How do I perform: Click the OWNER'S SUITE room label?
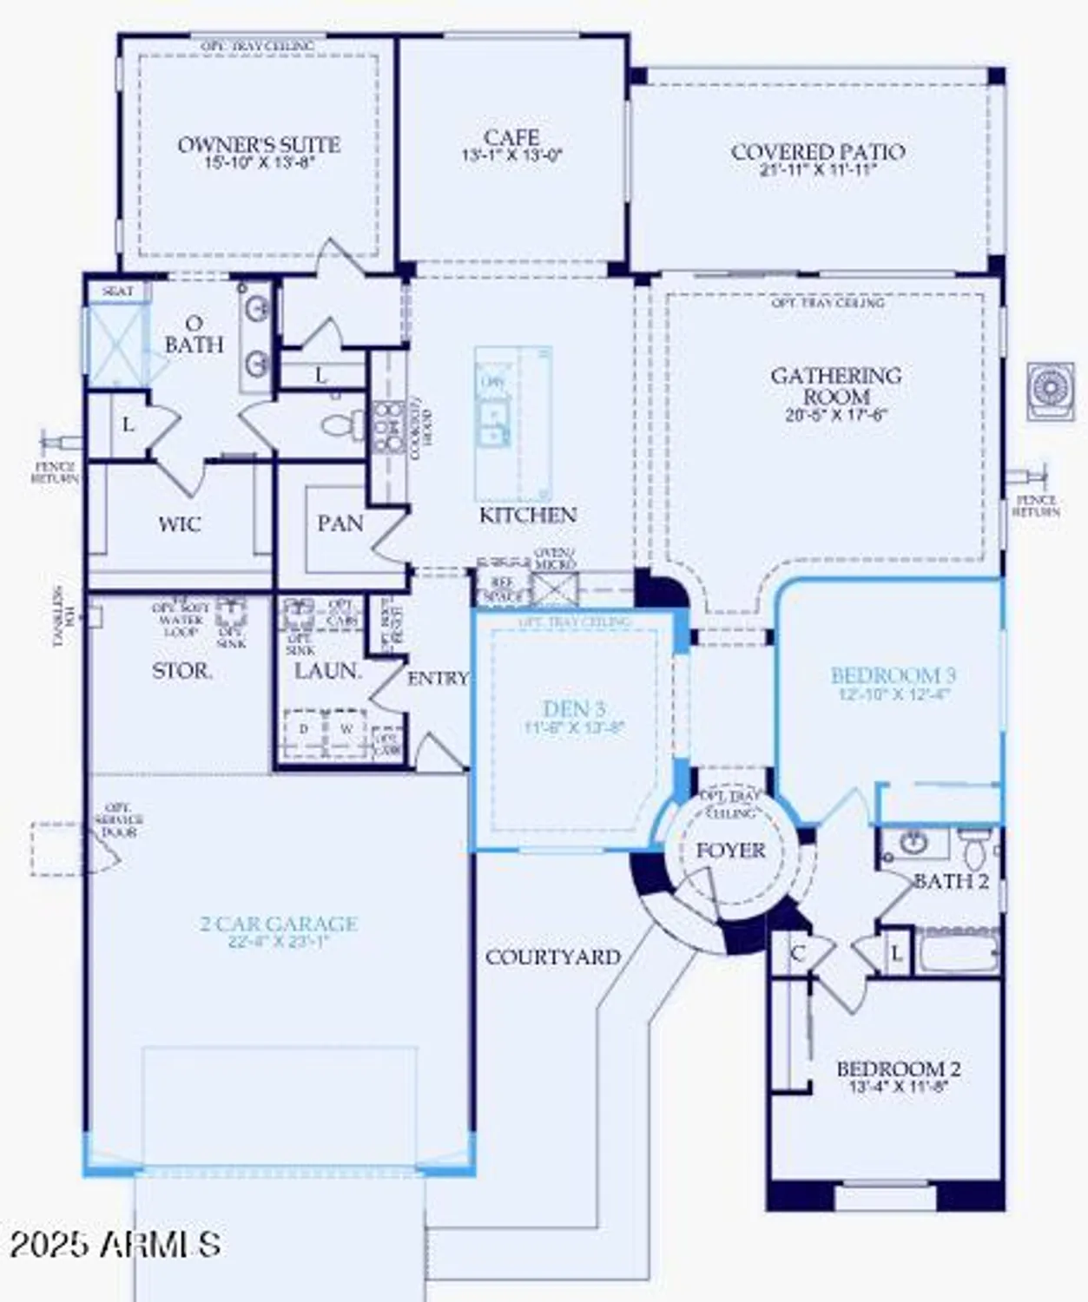pyautogui.click(x=259, y=145)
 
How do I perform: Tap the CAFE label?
pyautogui.click(x=511, y=138)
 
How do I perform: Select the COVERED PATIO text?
pyautogui.click(x=818, y=153)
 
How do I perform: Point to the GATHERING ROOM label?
pyautogui.click(x=836, y=386)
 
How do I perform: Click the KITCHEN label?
pyautogui.click(x=527, y=515)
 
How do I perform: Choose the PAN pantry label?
pyautogui.click(x=340, y=523)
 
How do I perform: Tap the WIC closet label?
pyautogui.click(x=180, y=524)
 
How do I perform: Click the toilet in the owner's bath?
pyautogui.click(x=342, y=426)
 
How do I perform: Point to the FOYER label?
pyautogui.click(x=731, y=851)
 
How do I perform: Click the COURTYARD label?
pyautogui.click(x=553, y=957)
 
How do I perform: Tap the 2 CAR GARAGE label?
pyautogui.click(x=278, y=924)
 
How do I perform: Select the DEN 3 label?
pyautogui.click(x=573, y=709)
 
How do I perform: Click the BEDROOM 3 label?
pyautogui.click(x=893, y=675)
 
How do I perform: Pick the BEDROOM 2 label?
pyautogui.click(x=898, y=1069)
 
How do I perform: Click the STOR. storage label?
pyautogui.click(x=181, y=671)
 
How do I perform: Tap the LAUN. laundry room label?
pyautogui.click(x=326, y=671)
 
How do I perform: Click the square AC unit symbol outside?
pyautogui.click(x=1050, y=392)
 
